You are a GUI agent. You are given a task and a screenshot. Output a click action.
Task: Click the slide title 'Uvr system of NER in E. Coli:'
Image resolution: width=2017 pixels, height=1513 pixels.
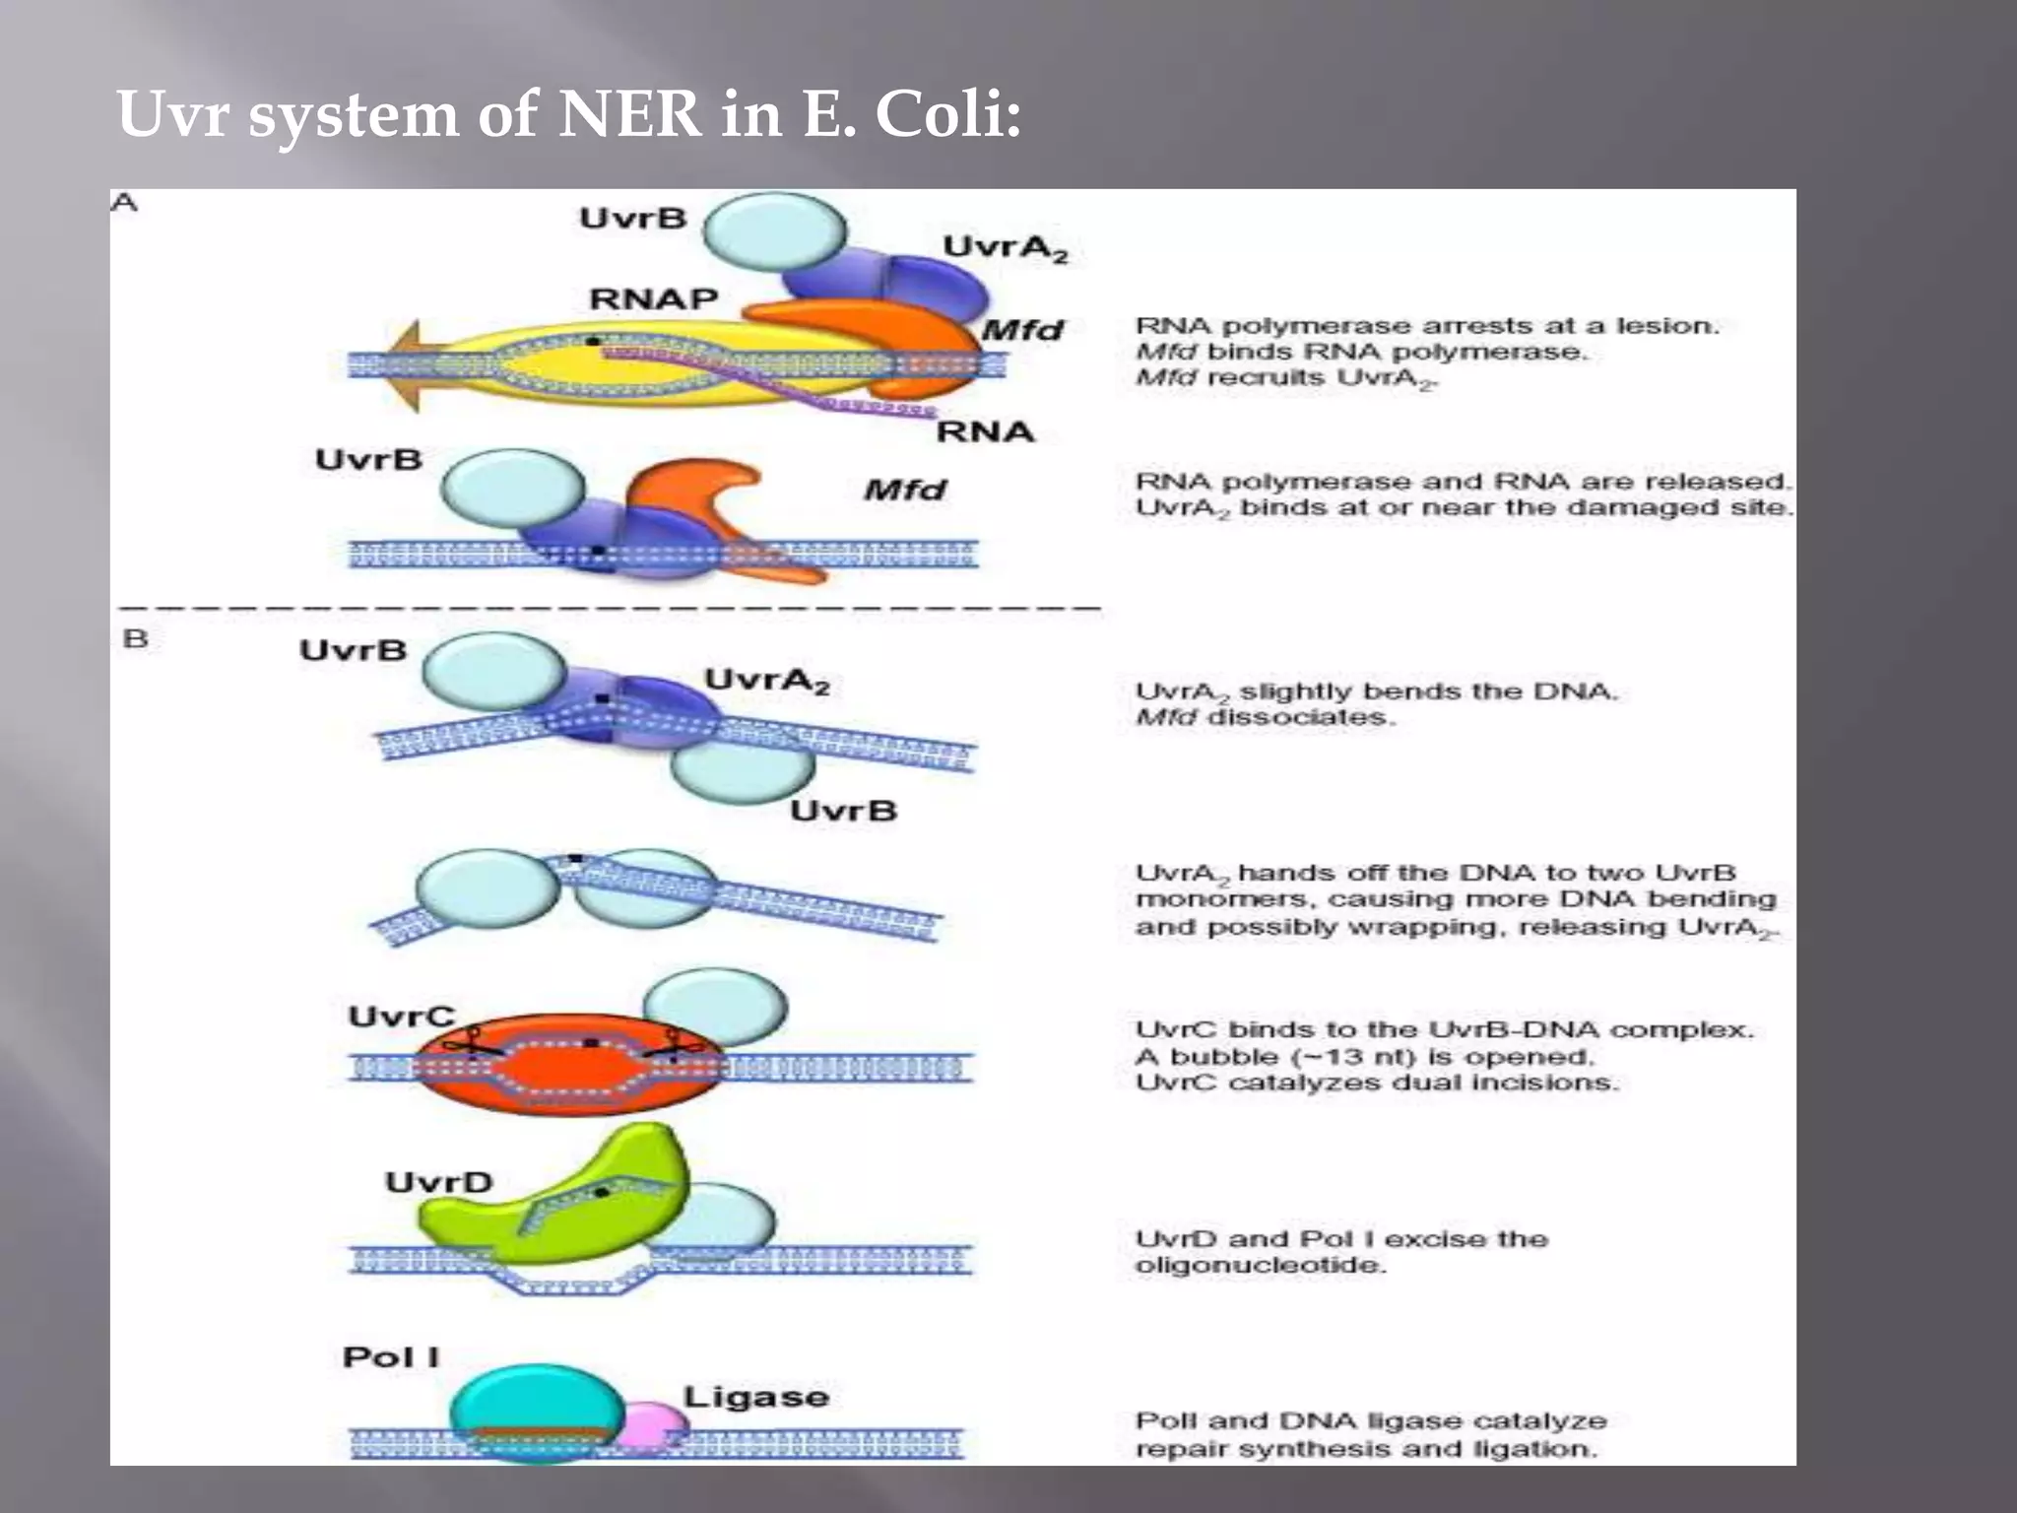pos(568,114)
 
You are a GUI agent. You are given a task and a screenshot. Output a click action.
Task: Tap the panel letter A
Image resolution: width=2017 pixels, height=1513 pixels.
pos(124,203)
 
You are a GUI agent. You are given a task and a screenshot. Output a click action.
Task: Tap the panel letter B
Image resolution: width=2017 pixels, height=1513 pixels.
pos(135,638)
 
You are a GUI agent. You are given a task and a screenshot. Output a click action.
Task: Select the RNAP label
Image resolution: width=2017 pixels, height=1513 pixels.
pos(653,298)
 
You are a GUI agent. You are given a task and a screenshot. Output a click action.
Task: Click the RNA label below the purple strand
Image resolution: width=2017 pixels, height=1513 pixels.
pos(984,431)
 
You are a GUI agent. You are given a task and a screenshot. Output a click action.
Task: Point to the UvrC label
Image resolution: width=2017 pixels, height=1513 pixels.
pos(401,1017)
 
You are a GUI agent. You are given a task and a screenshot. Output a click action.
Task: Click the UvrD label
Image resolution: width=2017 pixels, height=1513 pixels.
pos(438,1182)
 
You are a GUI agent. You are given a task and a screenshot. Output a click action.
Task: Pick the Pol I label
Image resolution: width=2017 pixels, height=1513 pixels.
pos(390,1357)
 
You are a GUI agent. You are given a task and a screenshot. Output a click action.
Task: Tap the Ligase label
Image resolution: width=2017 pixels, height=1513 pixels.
pos(755,1397)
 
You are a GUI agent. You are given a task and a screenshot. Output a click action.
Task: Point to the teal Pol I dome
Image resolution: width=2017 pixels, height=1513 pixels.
pos(537,1399)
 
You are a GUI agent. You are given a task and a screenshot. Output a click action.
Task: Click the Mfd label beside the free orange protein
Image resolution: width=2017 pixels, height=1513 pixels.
pos(904,490)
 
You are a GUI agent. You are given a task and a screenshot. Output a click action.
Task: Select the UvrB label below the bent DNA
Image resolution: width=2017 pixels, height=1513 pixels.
pos(843,811)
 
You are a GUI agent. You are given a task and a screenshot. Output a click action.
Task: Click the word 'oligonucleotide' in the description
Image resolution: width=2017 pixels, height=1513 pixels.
pos(1260,1266)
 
